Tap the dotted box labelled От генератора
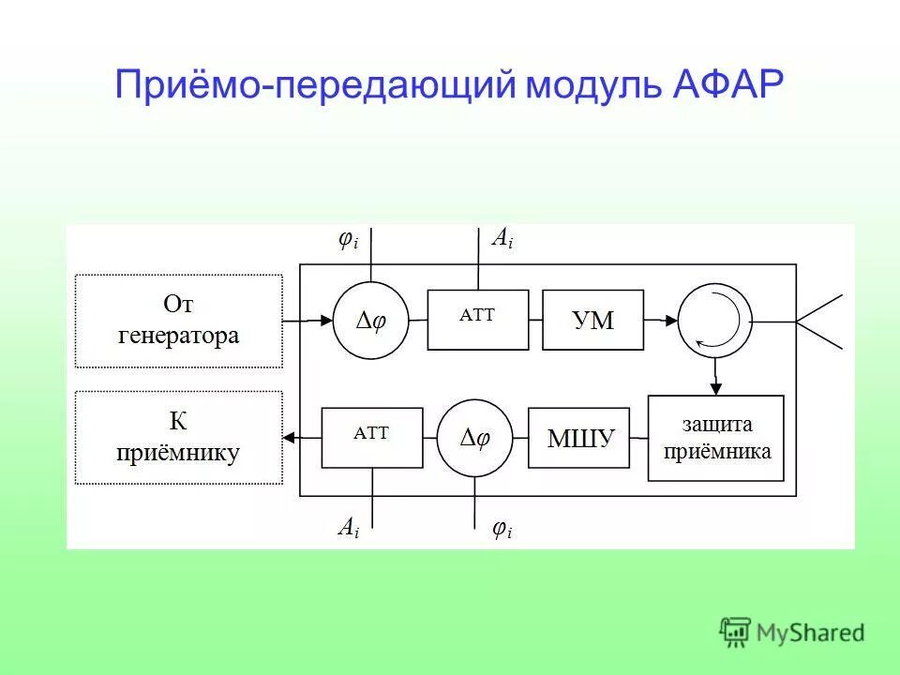coord(178,321)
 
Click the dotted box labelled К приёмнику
coord(178,438)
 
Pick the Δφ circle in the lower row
coord(474,438)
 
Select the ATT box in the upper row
coord(477,320)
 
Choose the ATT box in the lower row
coord(371,437)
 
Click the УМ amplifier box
coord(593,321)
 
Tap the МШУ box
coord(580,437)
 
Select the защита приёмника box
coord(716,438)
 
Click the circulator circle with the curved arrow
coord(715,321)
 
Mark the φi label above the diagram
coord(348,240)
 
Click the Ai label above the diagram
coord(502,240)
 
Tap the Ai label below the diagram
coord(348,527)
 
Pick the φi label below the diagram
coord(502,530)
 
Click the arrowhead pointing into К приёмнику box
coord(290,437)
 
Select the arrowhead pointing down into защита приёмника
coord(715,387)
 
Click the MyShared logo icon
coord(735,632)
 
